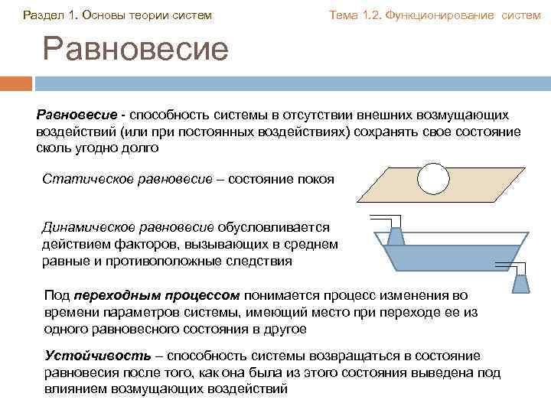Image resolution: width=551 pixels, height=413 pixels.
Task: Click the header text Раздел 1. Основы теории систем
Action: tap(117, 15)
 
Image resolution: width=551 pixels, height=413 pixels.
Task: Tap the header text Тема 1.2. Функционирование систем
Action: tap(435, 15)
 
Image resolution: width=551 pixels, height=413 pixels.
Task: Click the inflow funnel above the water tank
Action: tap(396, 236)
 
